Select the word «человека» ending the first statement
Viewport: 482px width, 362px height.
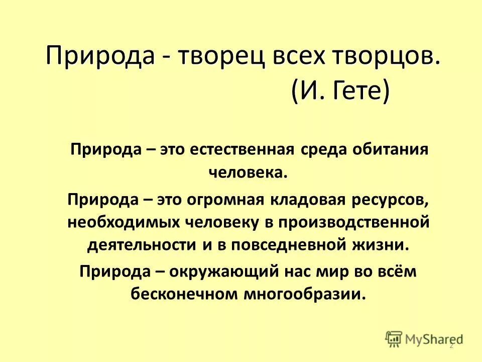pos(247,172)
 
